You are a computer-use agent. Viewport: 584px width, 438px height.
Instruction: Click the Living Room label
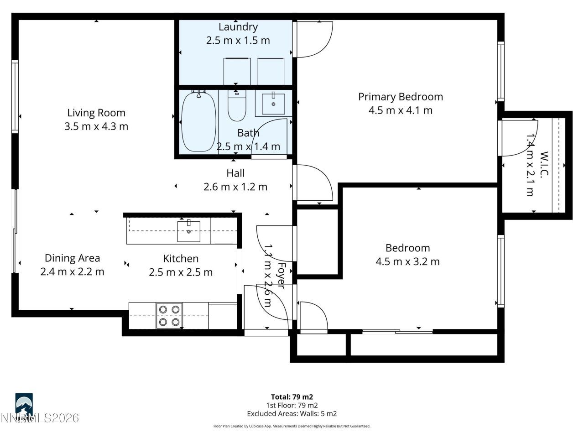pos(96,113)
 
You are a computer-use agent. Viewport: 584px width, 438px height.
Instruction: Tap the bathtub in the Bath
pos(198,121)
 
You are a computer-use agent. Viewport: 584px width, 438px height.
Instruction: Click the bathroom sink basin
pos(273,104)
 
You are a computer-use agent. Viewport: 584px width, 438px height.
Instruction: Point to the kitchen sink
pos(189,231)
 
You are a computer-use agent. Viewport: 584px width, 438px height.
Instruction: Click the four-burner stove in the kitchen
pos(169,316)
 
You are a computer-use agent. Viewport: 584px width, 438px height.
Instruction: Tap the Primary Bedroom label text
pos(400,97)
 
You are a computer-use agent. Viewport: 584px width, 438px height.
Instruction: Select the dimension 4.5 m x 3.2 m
pos(407,261)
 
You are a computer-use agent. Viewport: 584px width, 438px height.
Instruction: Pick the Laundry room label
pos(238,27)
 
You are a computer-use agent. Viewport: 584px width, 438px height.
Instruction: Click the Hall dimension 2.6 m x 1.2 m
pos(235,187)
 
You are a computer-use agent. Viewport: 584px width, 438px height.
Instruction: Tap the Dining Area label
pos(72,258)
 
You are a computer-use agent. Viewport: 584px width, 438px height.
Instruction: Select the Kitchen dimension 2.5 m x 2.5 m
pos(181,272)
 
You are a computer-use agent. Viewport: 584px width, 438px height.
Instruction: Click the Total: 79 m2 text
pos(292,397)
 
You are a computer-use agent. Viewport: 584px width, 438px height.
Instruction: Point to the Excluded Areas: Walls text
pos(292,414)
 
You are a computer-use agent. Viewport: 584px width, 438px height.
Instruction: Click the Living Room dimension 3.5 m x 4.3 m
pos(96,126)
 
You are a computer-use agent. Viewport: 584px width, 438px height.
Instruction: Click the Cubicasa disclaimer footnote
pos(292,426)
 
